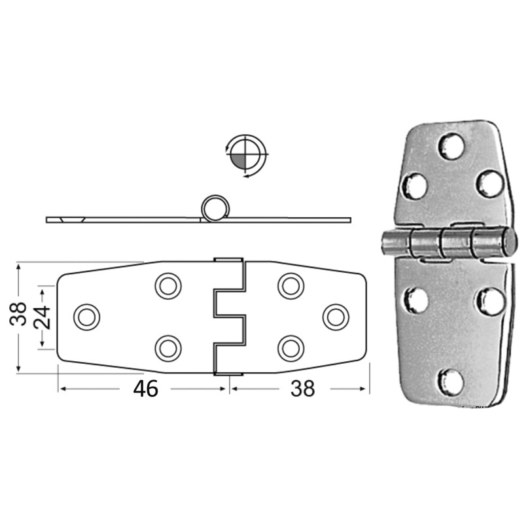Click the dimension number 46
[145, 389]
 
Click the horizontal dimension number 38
[302, 389]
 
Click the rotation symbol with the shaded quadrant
[245, 155]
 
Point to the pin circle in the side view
[212, 208]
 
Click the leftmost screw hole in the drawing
[86, 317]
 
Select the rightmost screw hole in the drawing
[336, 317]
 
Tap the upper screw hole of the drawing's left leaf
[168, 285]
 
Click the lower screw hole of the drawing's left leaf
[168, 347]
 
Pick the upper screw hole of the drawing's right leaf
[291, 285]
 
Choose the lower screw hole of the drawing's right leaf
[291, 347]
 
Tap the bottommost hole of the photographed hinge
[450, 381]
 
